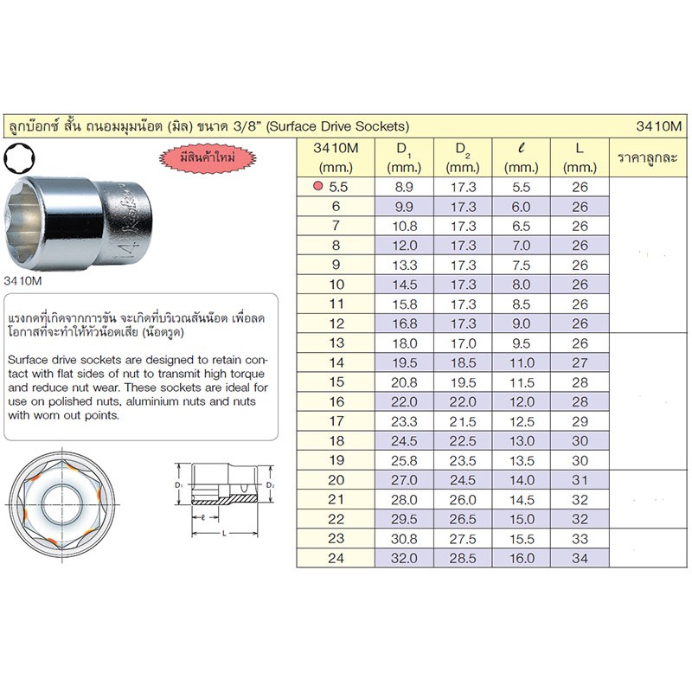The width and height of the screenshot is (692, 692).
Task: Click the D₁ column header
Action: (404, 157)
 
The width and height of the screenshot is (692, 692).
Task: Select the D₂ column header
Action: (463, 157)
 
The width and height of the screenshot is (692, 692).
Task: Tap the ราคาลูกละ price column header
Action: (647, 157)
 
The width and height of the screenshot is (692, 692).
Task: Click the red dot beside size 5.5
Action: (317, 186)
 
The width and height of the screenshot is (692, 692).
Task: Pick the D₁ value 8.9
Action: (404, 187)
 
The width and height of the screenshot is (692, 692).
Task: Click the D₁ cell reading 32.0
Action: (404, 558)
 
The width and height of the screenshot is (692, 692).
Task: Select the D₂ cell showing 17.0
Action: (463, 343)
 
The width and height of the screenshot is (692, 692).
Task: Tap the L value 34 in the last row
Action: (580, 558)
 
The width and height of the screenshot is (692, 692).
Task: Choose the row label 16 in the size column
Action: (336, 401)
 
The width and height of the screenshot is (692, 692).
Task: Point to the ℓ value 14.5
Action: (522, 500)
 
